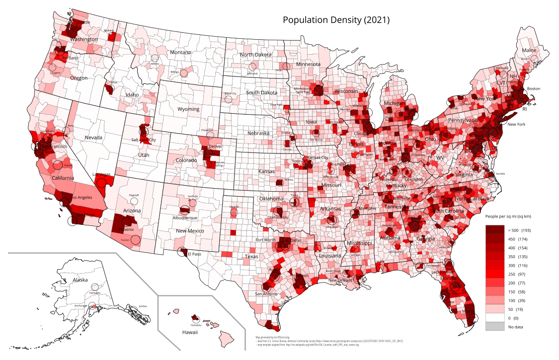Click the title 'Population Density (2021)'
(x=336, y=20)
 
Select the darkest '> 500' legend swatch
(x=494, y=230)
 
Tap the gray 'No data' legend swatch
(x=494, y=326)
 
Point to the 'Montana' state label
(x=180, y=53)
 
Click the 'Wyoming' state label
(x=188, y=109)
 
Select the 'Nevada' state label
(x=93, y=138)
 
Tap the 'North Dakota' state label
(x=255, y=55)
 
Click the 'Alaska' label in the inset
(x=80, y=280)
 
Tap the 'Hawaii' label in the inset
(x=190, y=333)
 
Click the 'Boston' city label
(x=533, y=89)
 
